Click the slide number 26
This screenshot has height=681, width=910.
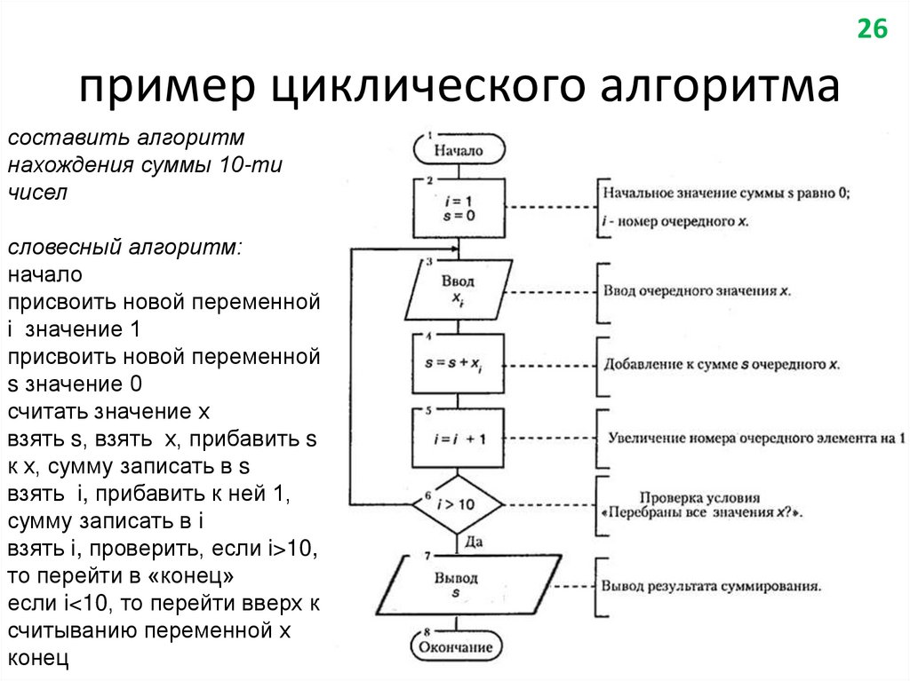click(872, 29)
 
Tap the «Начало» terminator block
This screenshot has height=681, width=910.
click(458, 150)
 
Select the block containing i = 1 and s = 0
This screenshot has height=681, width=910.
click(459, 208)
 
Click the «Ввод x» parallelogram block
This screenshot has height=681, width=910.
click(459, 289)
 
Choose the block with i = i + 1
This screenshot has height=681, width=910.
click(459, 438)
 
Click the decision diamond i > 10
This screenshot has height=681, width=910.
click(458, 503)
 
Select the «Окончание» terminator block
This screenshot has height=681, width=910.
click(458, 646)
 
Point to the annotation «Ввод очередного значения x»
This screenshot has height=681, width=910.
click(697, 290)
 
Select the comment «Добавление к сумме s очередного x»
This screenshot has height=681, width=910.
click(722, 364)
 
